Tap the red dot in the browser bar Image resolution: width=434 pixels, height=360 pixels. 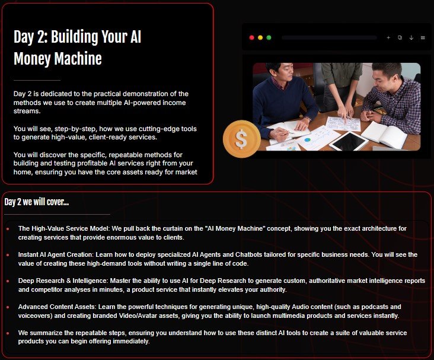(x=252, y=37)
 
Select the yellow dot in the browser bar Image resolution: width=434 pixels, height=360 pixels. (x=260, y=37)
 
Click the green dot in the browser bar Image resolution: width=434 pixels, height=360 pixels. (x=269, y=37)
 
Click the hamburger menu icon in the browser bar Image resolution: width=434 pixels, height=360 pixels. (x=423, y=37)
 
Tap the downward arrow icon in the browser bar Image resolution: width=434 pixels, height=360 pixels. (x=411, y=37)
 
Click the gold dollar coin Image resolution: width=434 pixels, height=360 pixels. (x=241, y=139)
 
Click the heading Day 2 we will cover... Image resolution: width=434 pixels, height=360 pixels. (x=36, y=202)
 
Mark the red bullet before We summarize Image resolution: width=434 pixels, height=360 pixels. (x=8, y=333)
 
